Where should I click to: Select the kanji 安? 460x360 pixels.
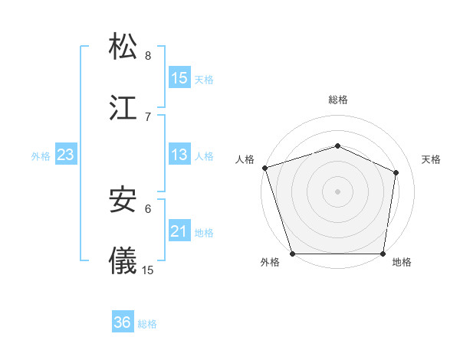[x=123, y=199]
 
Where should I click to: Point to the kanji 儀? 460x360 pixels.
[x=123, y=260]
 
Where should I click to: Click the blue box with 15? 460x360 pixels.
[x=179, y=77]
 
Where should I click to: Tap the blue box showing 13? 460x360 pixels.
[x=179, y=155]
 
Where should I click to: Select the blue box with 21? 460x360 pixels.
[x=179, y=231]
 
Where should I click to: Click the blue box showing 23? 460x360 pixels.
[x=65, y=155]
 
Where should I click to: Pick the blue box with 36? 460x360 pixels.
[x=123, y=322]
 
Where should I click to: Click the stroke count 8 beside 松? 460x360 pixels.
[x=148, y=55]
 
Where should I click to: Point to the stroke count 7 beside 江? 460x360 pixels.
[x=148, y=116]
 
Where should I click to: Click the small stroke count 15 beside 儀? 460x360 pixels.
[x=148, y=270]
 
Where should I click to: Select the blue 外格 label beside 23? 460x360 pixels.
[x=41, y=155]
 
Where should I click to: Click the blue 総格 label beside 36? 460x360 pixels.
[x=147, y=324]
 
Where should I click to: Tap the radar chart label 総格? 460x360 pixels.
[x=338, y=100]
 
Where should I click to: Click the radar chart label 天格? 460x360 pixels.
[x=432, y=159]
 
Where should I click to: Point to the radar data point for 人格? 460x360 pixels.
[x=264, y=168]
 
